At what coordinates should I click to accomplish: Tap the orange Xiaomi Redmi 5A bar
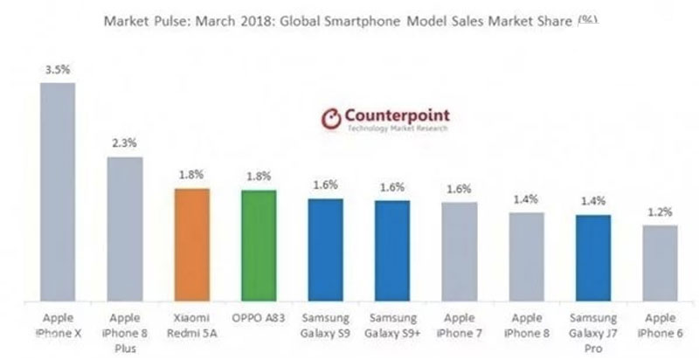pos(191,242)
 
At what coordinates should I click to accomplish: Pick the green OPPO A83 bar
pos(258,243)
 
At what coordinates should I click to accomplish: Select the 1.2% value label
pos(660,211)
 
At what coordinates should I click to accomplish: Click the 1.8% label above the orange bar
pos(190,174)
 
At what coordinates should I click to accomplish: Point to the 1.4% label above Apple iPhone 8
pos(526,198)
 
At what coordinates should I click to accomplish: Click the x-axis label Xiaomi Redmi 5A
pos(191,325)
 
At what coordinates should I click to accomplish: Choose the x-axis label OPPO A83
pos(258,318)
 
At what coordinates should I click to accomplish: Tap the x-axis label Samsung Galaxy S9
pos(325,325)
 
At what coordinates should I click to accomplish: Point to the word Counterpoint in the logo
pos(398,114)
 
